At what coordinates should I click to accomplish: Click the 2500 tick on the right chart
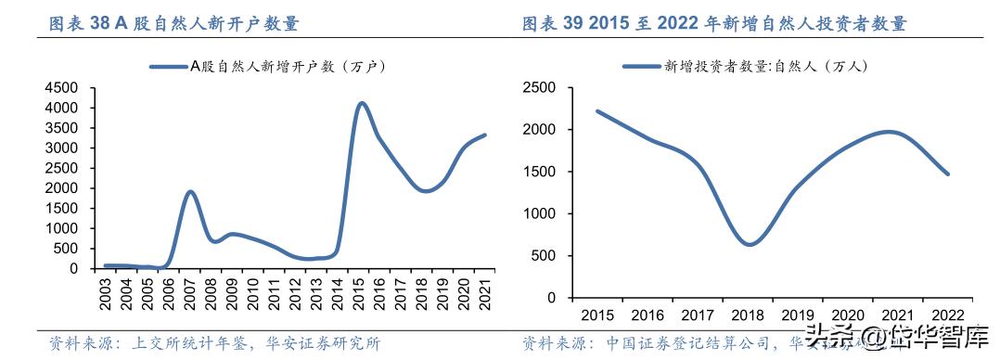point(539,87)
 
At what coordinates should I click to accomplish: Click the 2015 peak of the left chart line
point(362,103)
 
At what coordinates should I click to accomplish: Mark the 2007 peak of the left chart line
point(190,192)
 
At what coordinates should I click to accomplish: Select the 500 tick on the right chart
point(545,255)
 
